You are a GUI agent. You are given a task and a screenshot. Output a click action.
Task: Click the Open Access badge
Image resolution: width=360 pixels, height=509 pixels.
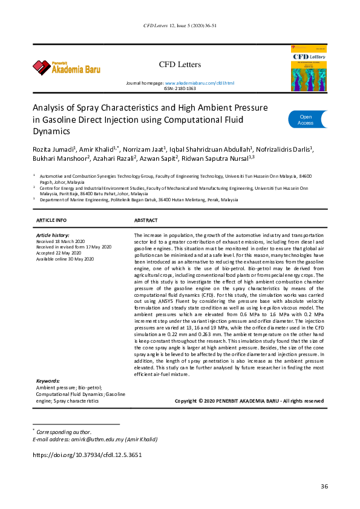click(306, 120)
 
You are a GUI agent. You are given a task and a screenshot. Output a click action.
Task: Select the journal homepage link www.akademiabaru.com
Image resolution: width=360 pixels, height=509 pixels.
click(199, 83)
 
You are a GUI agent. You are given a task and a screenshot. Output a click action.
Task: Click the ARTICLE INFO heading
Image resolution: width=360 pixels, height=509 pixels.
click(51, 221)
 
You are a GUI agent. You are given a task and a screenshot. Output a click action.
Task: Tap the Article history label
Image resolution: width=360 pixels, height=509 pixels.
click(53, 235)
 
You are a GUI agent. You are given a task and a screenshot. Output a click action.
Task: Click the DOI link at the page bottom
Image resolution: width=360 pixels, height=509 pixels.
click(87, 455)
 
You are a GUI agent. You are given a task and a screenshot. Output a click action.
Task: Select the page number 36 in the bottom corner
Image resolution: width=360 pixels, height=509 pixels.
click(324, 487)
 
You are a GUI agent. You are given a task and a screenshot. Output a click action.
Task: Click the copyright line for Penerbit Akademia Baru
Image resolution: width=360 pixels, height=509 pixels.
click(249, 401)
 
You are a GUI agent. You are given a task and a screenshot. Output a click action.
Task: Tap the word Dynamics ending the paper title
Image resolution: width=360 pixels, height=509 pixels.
click(51, 130)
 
